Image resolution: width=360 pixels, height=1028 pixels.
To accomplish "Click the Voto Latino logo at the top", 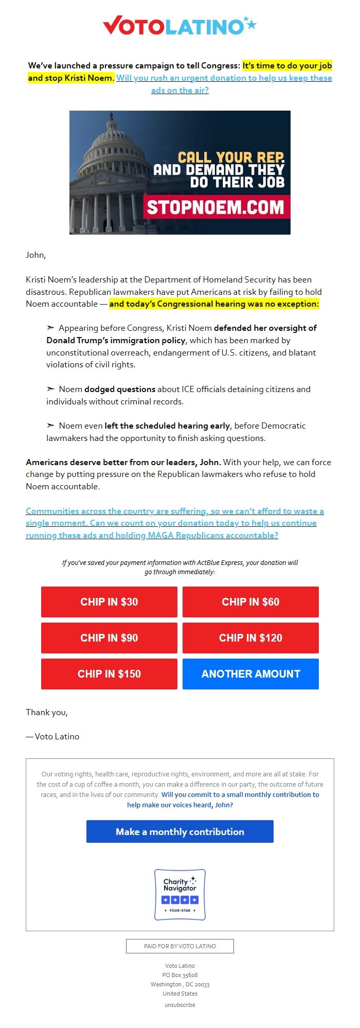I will click(x=179, y=26).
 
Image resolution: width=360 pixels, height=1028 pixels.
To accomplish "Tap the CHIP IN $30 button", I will click(x=109, y=602).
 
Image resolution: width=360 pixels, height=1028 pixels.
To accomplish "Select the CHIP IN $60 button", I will click(x=250, y=602).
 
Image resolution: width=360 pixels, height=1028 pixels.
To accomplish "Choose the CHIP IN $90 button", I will click(x=109, y=638).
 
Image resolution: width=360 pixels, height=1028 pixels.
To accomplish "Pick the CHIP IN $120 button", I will click(x=250, y=638).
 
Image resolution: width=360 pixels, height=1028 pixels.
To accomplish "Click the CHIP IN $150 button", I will click(x=109, y=674).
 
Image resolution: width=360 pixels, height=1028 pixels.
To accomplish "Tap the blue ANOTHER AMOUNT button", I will click(x=250, y=674).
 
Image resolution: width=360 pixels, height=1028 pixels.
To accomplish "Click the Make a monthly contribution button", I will click(x=179, y=831).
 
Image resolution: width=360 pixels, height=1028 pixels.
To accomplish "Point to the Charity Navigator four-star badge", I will click(x=179, y=895).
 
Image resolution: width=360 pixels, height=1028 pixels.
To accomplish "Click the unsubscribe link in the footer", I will click(x=179, y=1005).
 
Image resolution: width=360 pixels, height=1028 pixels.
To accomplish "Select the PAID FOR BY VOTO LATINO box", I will click(x=179, y=946).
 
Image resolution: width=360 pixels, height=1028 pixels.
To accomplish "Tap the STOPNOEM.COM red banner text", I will click(x=215, y=207).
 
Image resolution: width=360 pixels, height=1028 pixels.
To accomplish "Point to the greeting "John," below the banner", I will click(x=36, y=255).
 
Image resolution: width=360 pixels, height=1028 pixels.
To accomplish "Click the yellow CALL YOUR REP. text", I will click(x=231, y=157).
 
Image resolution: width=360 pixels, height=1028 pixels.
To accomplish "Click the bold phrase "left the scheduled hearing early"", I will click(x=167, y=426).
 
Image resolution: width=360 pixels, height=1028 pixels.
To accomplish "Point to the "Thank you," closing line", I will click(x=47, y=712).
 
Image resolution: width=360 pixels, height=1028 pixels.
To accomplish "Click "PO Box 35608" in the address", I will click(x=179, y=975).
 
